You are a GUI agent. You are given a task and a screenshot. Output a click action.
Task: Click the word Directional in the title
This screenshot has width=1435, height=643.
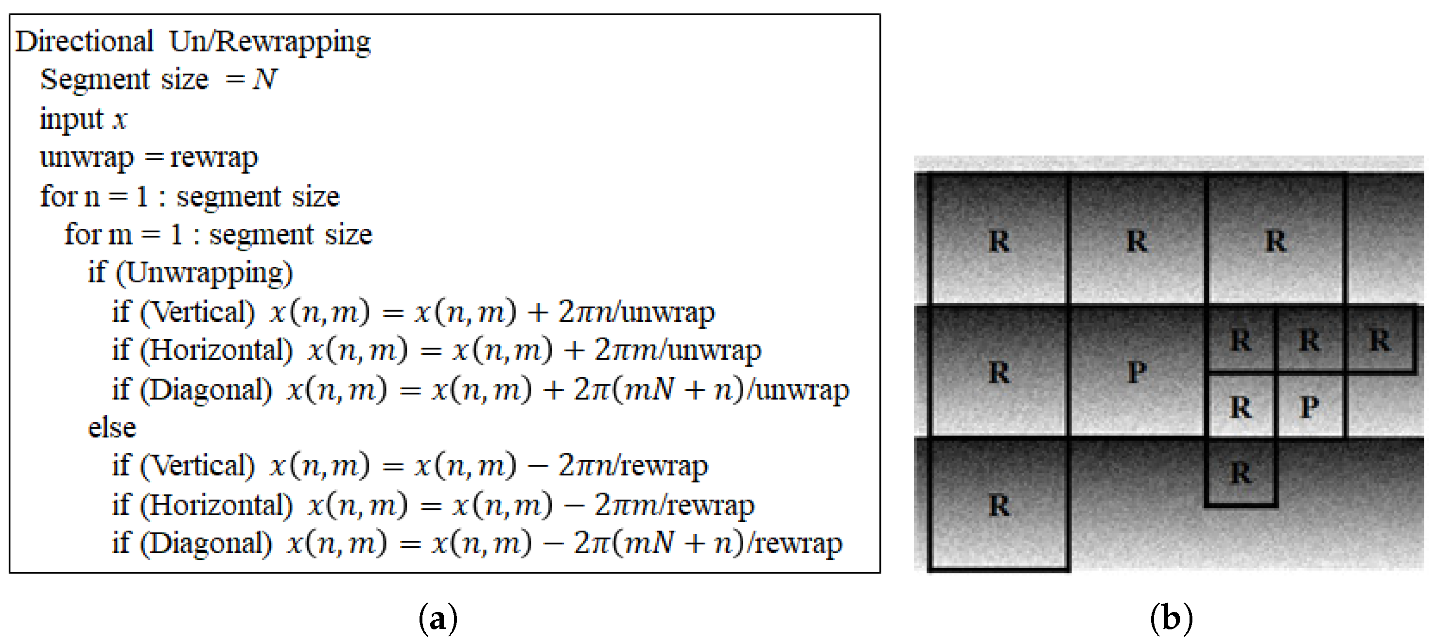pyautogui.click(x=84, y=42)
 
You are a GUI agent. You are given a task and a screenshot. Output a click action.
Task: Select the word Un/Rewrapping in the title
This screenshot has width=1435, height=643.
pyautogui.click(x=270, y=42)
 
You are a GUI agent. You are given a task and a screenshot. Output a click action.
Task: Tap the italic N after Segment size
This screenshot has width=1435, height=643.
pyautogui.click(x=265, y=79)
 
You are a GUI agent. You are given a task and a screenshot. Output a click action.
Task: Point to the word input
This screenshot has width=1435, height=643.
pyautogui.click(x=71, y=119)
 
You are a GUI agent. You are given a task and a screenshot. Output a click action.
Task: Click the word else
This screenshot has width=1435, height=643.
pyautogui.click(x=112, y=428)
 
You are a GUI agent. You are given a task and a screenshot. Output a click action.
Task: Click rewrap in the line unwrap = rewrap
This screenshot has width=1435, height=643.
pyautogui.click(x=214, y=157)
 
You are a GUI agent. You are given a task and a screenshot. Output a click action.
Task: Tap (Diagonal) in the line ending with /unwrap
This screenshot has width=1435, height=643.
pyautogui.click(x=206, y=389)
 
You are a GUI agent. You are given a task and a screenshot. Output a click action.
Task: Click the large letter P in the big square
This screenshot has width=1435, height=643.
pyautogui.click(x=1137, y=372)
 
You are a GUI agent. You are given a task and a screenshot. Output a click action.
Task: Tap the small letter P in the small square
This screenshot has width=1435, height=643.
pyautogui.click(x=1309, y=407)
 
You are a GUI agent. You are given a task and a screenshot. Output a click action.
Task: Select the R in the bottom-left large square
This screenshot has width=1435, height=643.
pyautogui.click(x=999, y=505)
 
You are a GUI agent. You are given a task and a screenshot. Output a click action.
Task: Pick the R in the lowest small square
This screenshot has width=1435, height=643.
pyautogui.click(x=1241, y=473)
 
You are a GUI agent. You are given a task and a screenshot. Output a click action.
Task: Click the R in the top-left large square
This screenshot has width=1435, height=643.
pyautogui.click(x=999, y=241)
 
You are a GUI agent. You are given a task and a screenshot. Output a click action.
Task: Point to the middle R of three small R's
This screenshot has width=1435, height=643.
pyautogui.click(x=1309, y=340)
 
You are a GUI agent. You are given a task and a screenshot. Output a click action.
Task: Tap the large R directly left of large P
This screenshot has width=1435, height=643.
pyautogui.click(x=999, y=372)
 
